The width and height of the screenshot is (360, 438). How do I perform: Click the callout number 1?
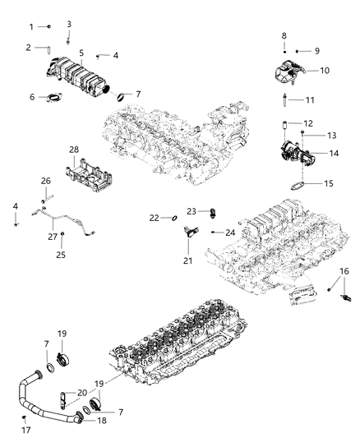click(x=31, y=27)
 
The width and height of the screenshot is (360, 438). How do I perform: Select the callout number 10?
click(x=324, y=71)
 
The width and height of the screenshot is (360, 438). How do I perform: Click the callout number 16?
click(x=344, y=271)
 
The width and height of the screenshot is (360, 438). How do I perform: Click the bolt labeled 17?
click(x=25, y=419)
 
